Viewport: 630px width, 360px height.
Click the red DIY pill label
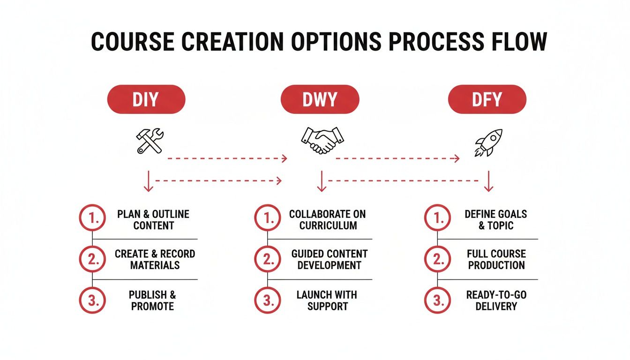[x=146, y=99]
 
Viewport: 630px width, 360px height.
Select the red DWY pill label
[x=320, y=99]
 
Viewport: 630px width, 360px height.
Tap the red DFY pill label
[x=487, y=99]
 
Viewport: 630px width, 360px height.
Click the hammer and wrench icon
[x=150, y=141]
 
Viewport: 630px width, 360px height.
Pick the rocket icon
[x=488, y=142]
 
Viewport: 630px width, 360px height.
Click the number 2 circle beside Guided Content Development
[x=268, y=259]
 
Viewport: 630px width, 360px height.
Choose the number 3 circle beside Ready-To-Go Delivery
[x=438, y=300]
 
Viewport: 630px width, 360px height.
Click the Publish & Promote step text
[x=153, y=300]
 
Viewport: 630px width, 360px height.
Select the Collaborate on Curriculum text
[x=328, y=219]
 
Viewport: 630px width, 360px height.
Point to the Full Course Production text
[x=496, y=259]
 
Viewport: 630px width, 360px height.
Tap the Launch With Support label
[x=327, y=300]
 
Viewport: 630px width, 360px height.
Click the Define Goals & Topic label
[x=496, y=219]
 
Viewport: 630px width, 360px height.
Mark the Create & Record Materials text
[x=155, y=259]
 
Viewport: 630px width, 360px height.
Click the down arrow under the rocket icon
[x=488, y=181]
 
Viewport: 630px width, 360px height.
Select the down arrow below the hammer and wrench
[x=149, y=181]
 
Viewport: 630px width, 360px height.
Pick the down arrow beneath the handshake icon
[x=322, y=181]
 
